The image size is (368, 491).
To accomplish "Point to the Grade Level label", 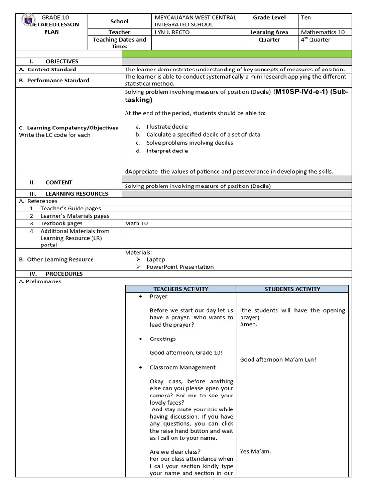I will point(269,18).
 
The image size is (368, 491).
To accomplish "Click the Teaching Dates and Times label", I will point(119,43).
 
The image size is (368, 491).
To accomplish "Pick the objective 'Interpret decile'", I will point(167,151).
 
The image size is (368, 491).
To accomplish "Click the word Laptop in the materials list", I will point(155,259).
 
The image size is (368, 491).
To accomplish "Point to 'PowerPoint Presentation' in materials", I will point(180,267).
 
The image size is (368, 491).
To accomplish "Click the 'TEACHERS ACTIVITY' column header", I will point(181,289).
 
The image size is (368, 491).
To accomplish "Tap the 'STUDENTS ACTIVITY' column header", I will point(292,289).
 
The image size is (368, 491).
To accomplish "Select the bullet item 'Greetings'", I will point(162,339).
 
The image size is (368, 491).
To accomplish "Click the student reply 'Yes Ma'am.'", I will point(255,451).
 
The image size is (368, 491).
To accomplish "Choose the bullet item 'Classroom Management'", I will point(182,367).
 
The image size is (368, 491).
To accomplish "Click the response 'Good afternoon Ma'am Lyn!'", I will point(278,360).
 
